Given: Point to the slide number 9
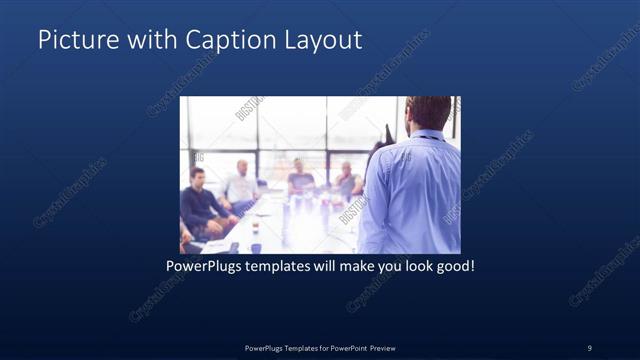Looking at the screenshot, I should tap(589, 347).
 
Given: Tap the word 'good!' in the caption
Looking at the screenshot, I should tap(453, 268).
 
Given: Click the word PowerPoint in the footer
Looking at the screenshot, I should tap(340, 347).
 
